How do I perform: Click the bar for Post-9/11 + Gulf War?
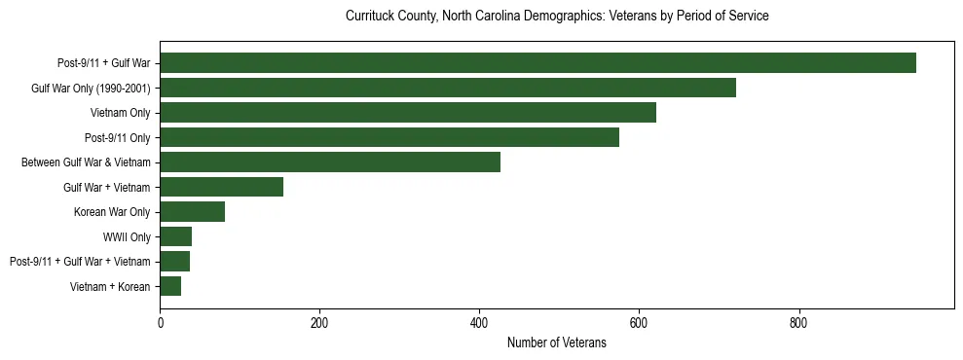click(x=537, y=63)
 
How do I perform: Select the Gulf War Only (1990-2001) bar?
click(x=448, y=89)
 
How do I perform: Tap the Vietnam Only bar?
click(x=408, y=113)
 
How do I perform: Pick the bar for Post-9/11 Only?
click(x=389, y=137)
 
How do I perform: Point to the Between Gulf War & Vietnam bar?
click(x=330, y=162)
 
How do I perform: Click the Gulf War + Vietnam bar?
click(x=221, y=187)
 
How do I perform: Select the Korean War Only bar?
click(x=192, y=212)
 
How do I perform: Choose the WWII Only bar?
click(x=175, y=236)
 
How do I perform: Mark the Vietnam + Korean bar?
click(x=170, y=286)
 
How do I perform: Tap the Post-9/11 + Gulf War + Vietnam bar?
click(x=174, y=262)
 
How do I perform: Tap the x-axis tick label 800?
click(x=798, y=323)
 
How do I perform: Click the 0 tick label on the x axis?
click(x=160, y=323)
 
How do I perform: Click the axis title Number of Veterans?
click(x=557, y=343)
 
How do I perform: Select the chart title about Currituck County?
click(x=557, y=17)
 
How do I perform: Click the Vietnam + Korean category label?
click(x=110, y=286)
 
